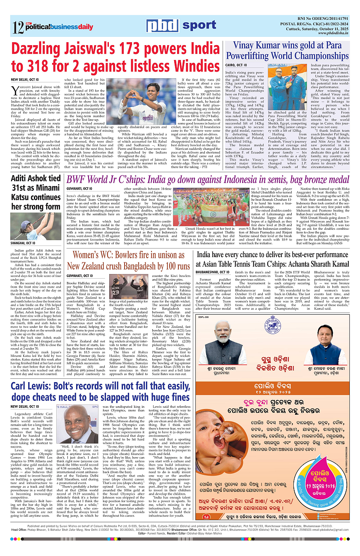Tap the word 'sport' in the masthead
[x=199, y=26]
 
